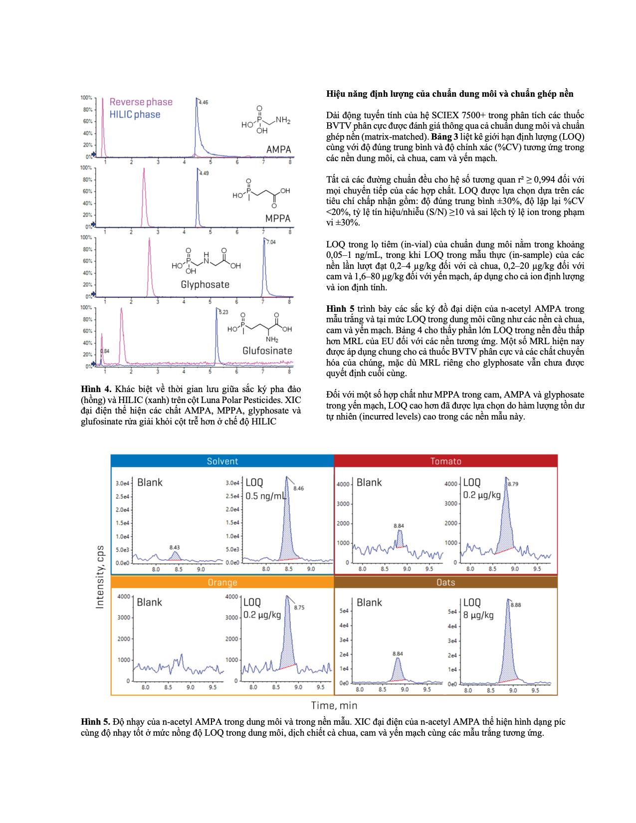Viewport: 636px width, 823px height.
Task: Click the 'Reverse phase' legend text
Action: [x=141, y=102]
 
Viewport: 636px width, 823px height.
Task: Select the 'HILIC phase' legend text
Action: [x=135, y=115]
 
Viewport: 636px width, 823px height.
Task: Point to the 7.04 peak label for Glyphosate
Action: [x=271, y=242]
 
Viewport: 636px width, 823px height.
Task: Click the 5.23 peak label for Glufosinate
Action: [x=223, y=312]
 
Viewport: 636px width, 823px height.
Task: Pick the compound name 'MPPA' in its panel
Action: [x=278, y=218]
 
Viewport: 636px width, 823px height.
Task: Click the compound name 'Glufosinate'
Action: [x=267, y=351]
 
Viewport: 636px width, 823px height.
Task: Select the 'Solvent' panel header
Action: [x=222, y=461]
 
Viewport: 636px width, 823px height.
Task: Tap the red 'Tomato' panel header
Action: [x=445, y=461]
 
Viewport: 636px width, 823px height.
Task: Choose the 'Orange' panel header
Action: [x=222, y=583]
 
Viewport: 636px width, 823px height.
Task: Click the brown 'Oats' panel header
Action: [x=445, y=583]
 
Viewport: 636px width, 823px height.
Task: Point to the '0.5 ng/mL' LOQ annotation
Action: [x=266, y=496]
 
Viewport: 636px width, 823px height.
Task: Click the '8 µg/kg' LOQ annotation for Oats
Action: [x=478, y=615]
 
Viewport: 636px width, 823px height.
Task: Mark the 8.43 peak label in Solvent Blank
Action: [x=174, y=547]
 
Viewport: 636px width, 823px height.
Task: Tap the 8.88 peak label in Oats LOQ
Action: [x=516, y=605]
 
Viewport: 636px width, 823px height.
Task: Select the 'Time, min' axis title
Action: [x=334, y=705]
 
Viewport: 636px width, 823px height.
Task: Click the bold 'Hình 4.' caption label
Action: [x=95, y=389]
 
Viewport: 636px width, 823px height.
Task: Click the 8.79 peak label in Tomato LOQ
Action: [x=513, y=484]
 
